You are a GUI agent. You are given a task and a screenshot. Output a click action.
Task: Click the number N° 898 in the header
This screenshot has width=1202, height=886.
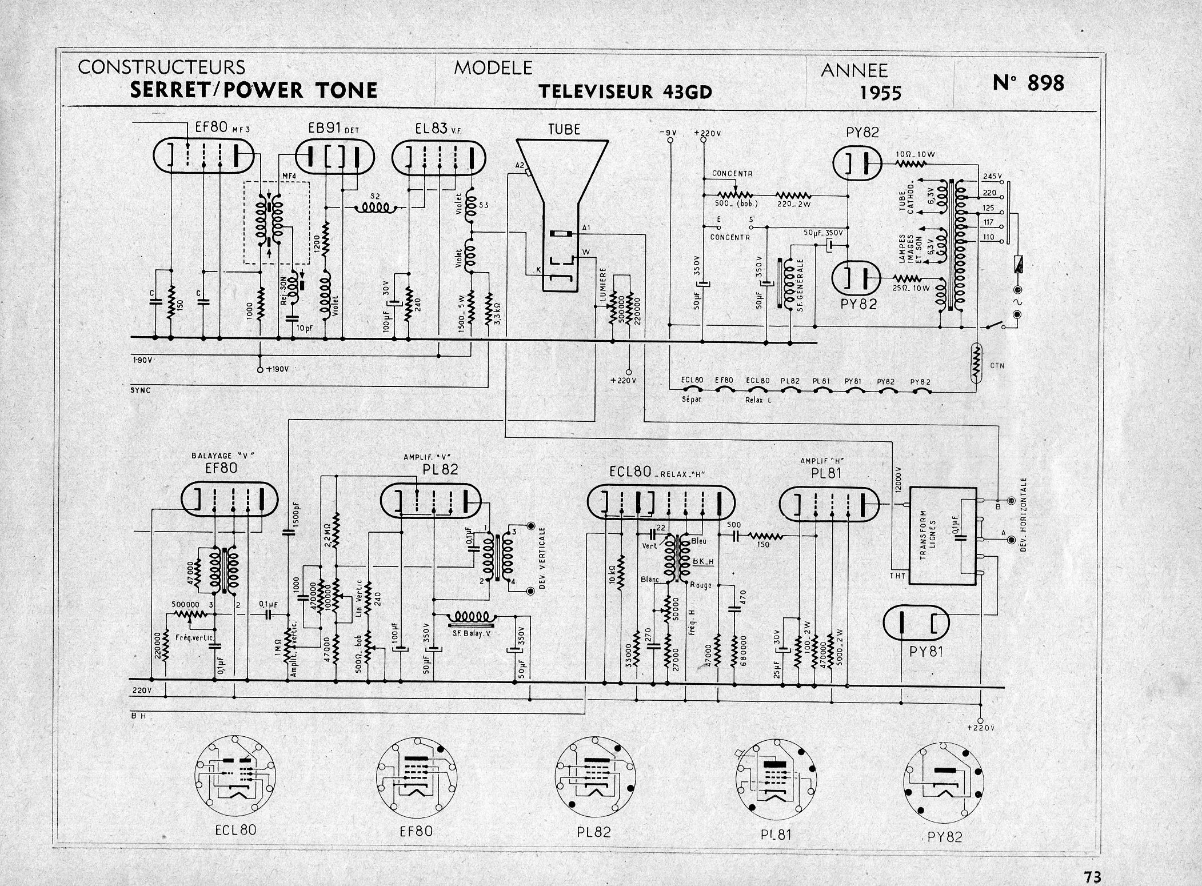[1028, 83]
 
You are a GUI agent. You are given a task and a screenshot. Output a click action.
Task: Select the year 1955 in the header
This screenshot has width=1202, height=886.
[880, 93]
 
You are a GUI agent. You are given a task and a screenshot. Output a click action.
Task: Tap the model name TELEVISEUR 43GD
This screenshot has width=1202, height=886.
[625, 92]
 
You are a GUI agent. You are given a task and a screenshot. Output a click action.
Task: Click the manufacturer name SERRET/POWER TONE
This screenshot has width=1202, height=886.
[254, 90]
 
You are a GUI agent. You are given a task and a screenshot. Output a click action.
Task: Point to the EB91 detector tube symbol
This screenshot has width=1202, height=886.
[334, 156]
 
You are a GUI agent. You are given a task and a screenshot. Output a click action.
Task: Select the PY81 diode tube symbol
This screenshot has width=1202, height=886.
[916, 622]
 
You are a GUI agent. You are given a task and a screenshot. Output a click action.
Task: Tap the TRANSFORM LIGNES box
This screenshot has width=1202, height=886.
[943, 536]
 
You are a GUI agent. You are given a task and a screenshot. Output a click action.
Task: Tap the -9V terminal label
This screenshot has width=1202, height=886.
[667, 133]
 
